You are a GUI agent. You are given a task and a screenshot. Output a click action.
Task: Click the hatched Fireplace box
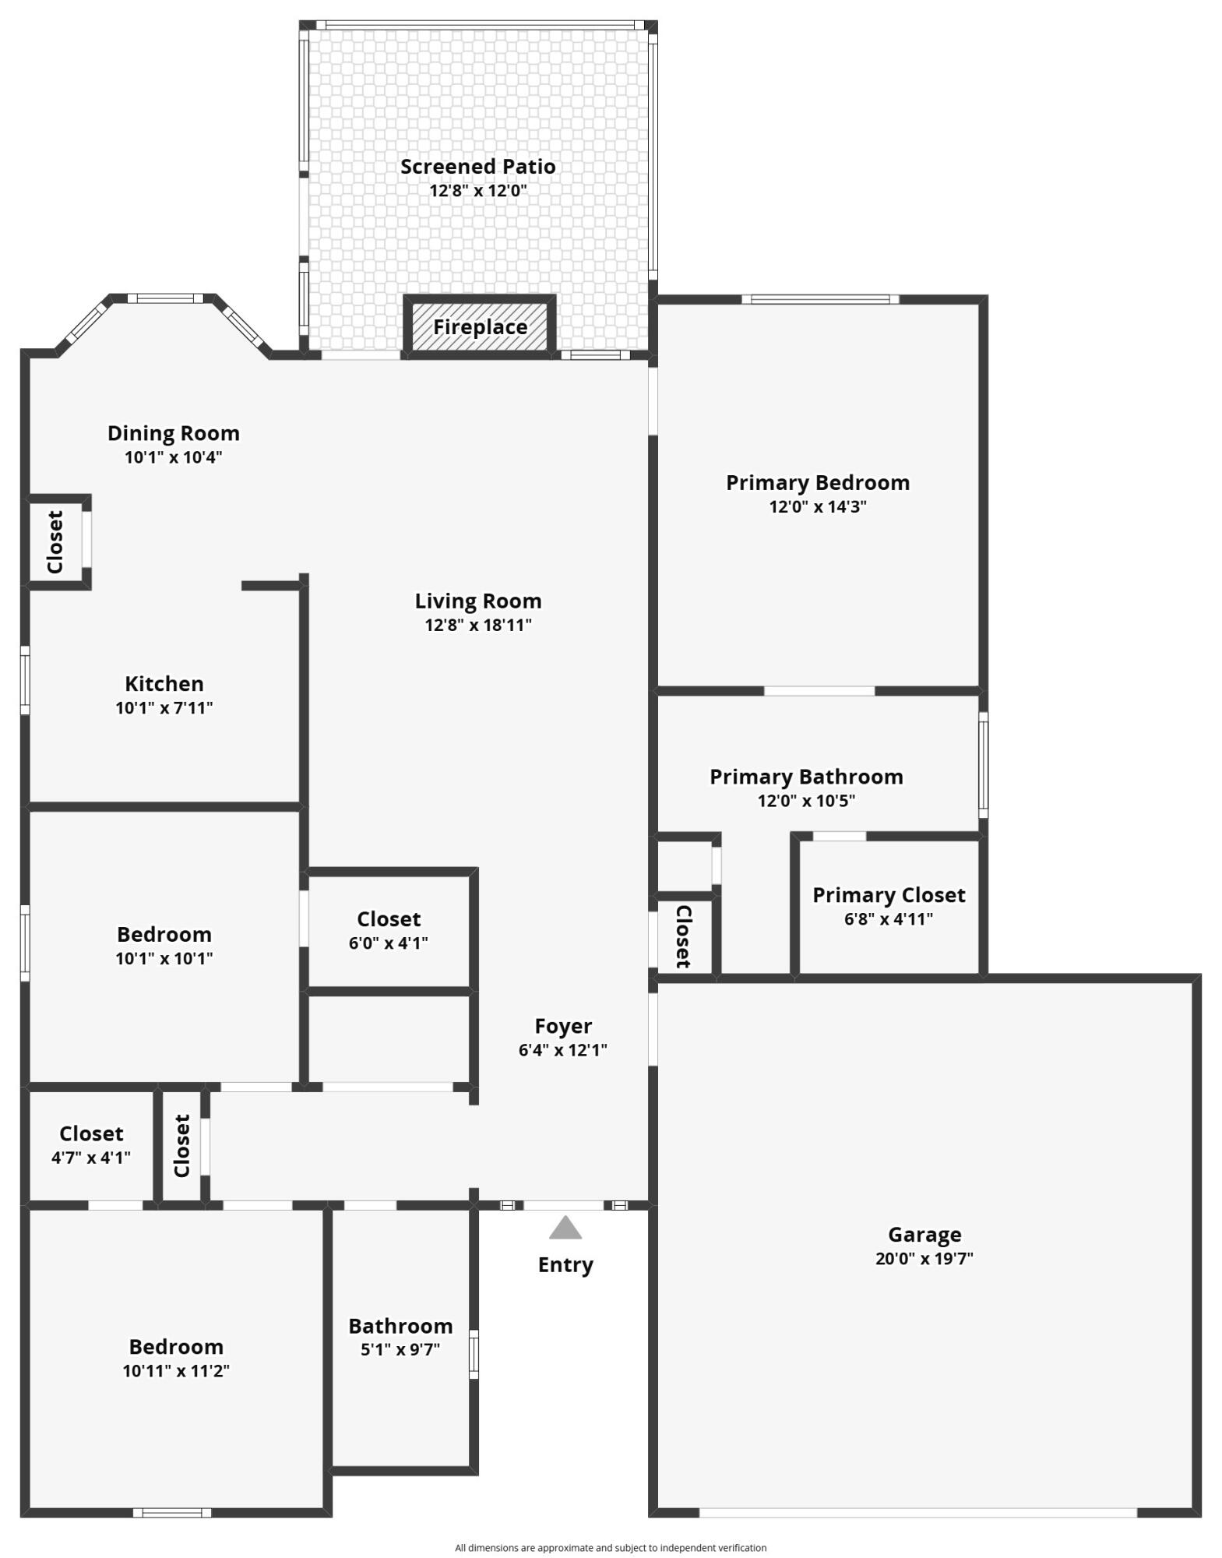(480, 327)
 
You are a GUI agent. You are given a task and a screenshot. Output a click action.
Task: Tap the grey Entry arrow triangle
(565, 1228)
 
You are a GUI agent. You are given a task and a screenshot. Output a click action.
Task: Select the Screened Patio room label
(477, 167)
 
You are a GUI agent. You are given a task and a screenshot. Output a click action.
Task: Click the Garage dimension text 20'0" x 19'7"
(924, 1258)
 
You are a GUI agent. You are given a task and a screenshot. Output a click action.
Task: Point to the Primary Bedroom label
(818, 483)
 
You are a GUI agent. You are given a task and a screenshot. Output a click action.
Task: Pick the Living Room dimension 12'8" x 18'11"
(478, 625)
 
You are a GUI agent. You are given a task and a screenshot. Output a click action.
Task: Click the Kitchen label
(164, 684)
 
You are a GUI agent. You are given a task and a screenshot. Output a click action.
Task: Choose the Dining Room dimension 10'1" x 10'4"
(173, 457)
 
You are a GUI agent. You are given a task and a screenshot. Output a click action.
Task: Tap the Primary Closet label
(889, 895)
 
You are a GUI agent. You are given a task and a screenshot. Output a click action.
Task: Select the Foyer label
(563, 1026)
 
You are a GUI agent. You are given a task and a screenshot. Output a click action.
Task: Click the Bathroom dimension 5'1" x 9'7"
(400, 1349)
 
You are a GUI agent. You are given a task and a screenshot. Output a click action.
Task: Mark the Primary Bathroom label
(806, 777)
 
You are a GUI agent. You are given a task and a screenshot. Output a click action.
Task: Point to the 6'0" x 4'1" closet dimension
(389, 943)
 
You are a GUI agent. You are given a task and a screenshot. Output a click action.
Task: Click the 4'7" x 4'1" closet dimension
(91, 1158)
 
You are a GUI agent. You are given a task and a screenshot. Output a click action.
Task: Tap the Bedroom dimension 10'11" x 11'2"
(176, 1370)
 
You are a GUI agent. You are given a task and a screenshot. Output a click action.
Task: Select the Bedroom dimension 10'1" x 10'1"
(164, 958)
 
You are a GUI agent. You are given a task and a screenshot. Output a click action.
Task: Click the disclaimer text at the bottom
(611, 1547)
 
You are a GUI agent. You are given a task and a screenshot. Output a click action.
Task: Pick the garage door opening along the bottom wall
(917, 1512)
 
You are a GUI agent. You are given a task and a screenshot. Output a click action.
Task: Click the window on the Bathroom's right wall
(474, 1355)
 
